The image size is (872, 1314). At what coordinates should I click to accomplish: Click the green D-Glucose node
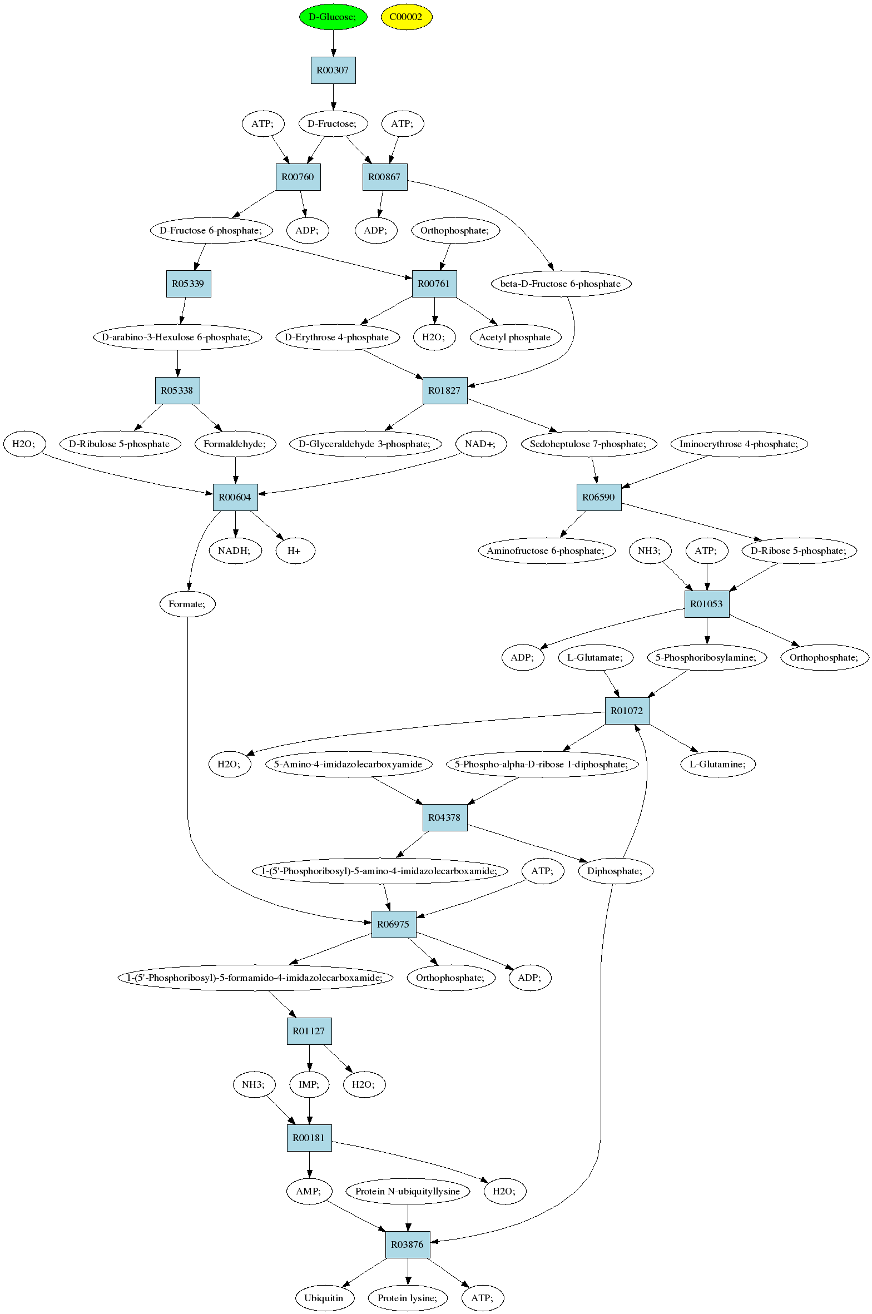(333, 17)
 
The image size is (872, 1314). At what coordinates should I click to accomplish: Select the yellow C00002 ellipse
(407, 17)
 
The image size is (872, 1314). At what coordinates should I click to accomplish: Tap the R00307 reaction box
(333, 70)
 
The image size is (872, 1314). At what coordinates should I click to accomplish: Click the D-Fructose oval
(333, 123)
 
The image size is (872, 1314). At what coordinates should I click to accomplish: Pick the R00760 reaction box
(298, 177)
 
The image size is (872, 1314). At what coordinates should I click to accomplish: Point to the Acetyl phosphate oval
(515, 337)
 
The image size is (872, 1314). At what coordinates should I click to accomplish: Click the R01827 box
(445, 390)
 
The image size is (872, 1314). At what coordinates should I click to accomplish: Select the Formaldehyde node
(235, 444)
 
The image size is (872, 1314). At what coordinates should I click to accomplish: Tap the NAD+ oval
(482, 444)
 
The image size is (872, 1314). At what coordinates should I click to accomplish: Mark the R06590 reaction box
(599, 497)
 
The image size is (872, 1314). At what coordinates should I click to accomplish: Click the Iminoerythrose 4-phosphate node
(739, 444)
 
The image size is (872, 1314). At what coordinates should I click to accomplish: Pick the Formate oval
(187, 604)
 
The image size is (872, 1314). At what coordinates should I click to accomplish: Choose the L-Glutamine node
(718, 764)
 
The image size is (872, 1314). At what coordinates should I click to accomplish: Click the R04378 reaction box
(445, 817)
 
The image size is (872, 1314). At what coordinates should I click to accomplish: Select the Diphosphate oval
(615, 871)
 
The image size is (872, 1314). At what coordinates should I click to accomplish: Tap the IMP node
(309, 1084)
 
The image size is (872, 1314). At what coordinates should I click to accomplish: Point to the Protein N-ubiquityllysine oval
(408, 1191)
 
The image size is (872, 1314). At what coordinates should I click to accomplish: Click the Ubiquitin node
(324, 1298)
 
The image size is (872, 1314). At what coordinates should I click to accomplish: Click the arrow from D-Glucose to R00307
(333, 43)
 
